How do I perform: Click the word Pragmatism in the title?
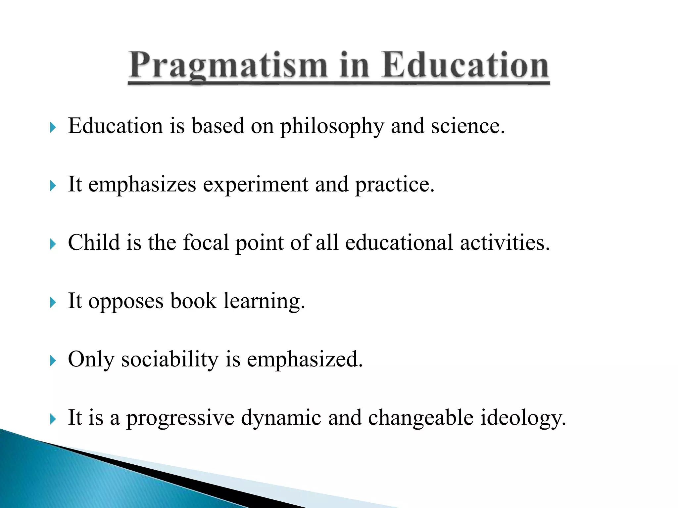tap(228, 66)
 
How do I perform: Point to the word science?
tap(468, 126)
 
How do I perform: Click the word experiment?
tap(255, 185)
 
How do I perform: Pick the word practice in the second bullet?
tap(394, 185)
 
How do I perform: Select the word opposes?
tap(126, 302)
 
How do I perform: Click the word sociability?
tap(170, 360)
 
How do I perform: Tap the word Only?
tap(91, 360)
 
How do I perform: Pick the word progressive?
tap(180, 419)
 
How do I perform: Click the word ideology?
tap(523, 419)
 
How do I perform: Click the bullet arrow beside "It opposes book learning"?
tap(53, 302)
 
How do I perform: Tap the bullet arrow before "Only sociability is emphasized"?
tap(53, 360)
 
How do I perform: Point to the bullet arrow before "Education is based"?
tap(53, 127)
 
